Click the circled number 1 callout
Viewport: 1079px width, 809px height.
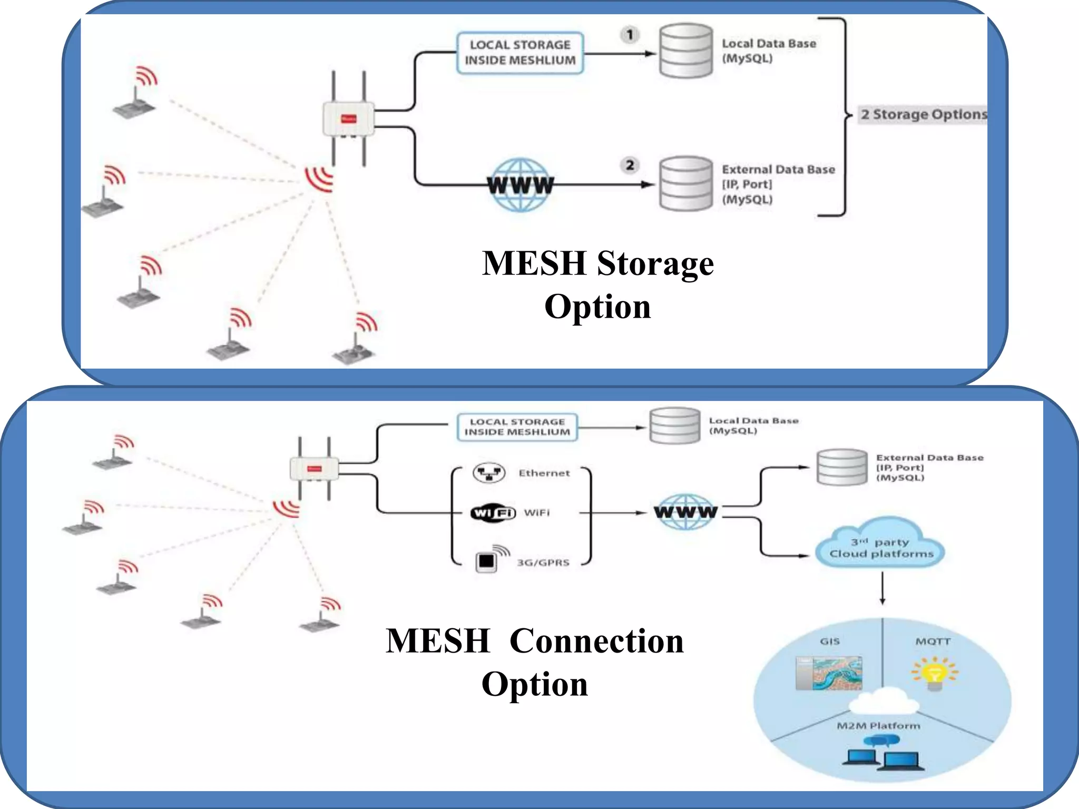coord(630,35)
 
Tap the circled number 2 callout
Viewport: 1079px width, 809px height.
coord(630,165)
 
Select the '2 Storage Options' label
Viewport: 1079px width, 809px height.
coord(924,114)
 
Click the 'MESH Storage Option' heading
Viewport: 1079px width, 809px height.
coord(598,284)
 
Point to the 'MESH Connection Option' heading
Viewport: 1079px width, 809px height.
coord(535,662)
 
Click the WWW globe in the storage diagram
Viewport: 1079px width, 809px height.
coord(520,185)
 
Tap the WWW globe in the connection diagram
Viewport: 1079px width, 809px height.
coord(685,511)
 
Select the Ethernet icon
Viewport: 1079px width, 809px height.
coord(489,473)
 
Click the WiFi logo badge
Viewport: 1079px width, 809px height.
coord(493,512)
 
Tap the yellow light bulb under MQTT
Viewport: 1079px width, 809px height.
coord(934,674)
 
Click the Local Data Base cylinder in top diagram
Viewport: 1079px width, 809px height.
coord(686,51)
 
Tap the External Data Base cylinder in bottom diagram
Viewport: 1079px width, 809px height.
coord(841,467)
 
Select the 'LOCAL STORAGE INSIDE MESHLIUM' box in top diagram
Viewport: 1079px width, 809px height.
coord(520,53)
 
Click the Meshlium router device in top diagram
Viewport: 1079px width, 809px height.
coord(348,119)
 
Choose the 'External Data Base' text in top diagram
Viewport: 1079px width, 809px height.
coord(778,170)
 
